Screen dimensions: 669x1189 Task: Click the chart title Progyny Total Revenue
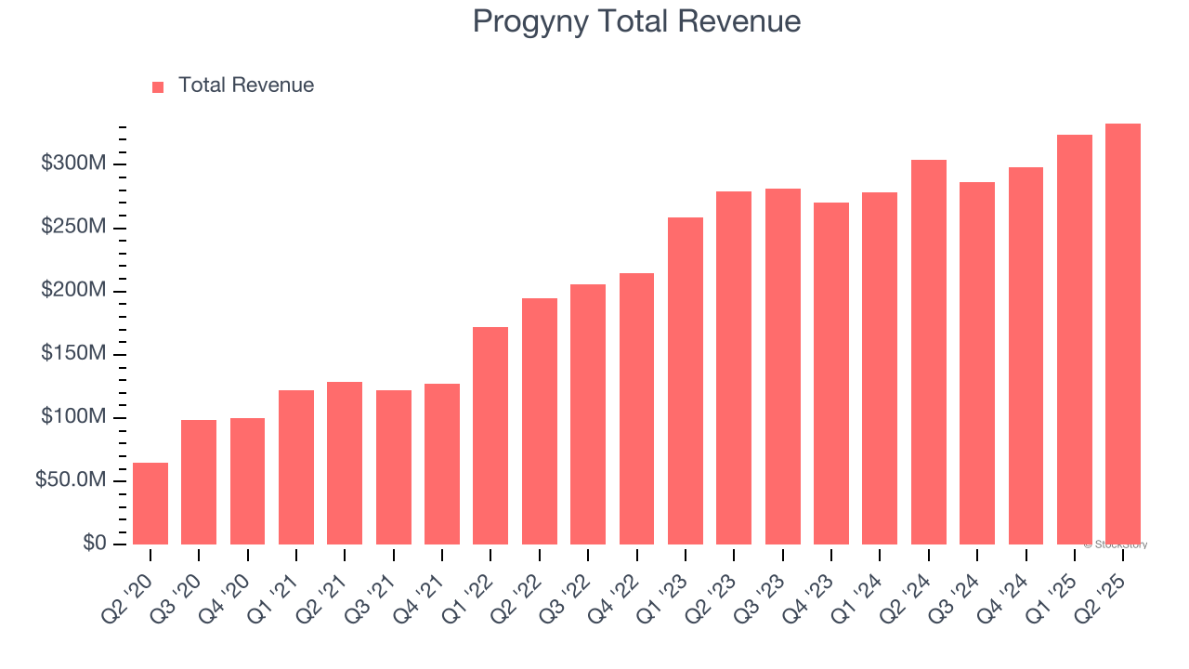point(636,20)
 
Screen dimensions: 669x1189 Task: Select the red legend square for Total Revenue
point(158,86)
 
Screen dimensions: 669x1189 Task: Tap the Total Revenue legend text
point(246,85)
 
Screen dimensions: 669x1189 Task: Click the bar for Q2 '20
point(150,504)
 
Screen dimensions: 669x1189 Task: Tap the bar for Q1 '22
point(490,436)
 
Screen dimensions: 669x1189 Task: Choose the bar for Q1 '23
point(686,381)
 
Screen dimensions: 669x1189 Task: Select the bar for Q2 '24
point(928,352)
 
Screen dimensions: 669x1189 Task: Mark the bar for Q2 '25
point(1123,334)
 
